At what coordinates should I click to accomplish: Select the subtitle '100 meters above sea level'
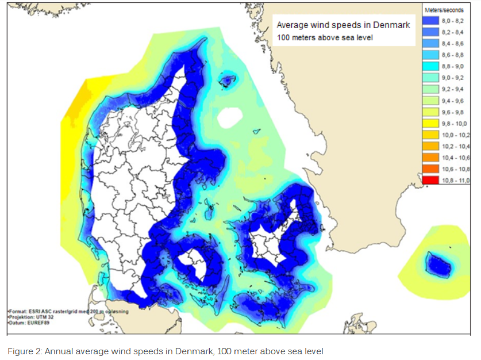[x=325, y=38]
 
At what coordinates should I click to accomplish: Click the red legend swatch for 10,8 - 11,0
[x=431, y=181]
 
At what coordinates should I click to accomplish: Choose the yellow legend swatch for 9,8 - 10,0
[x=431, y=124]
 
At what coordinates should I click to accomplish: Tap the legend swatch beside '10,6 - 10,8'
[x=431, y=169]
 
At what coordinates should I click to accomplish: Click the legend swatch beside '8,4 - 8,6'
[x=431, y=44]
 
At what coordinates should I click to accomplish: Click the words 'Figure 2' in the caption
[x=22, y=351]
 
